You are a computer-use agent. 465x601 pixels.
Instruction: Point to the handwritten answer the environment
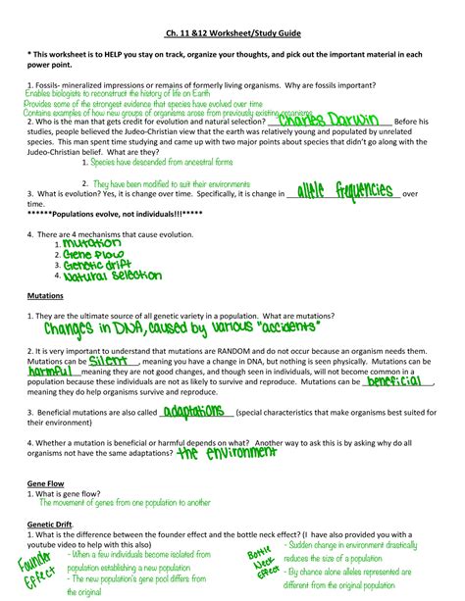(229, 455)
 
